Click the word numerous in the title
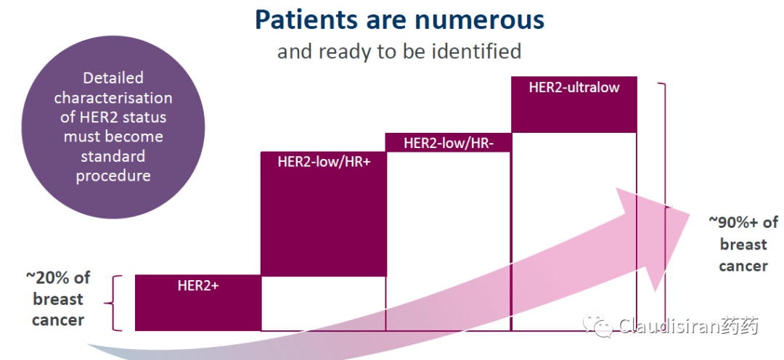[480, 20]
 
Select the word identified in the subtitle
[475, 51]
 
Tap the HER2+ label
[198, 286]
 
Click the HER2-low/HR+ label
[324, 162]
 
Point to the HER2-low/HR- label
[449, 144]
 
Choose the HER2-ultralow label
[574, 87]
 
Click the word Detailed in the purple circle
[113, 78]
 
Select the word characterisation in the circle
[113, 97]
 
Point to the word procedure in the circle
[113, 176]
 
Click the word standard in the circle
[113, 156]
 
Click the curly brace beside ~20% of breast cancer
[113, 303]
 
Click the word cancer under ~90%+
[743, 266]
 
